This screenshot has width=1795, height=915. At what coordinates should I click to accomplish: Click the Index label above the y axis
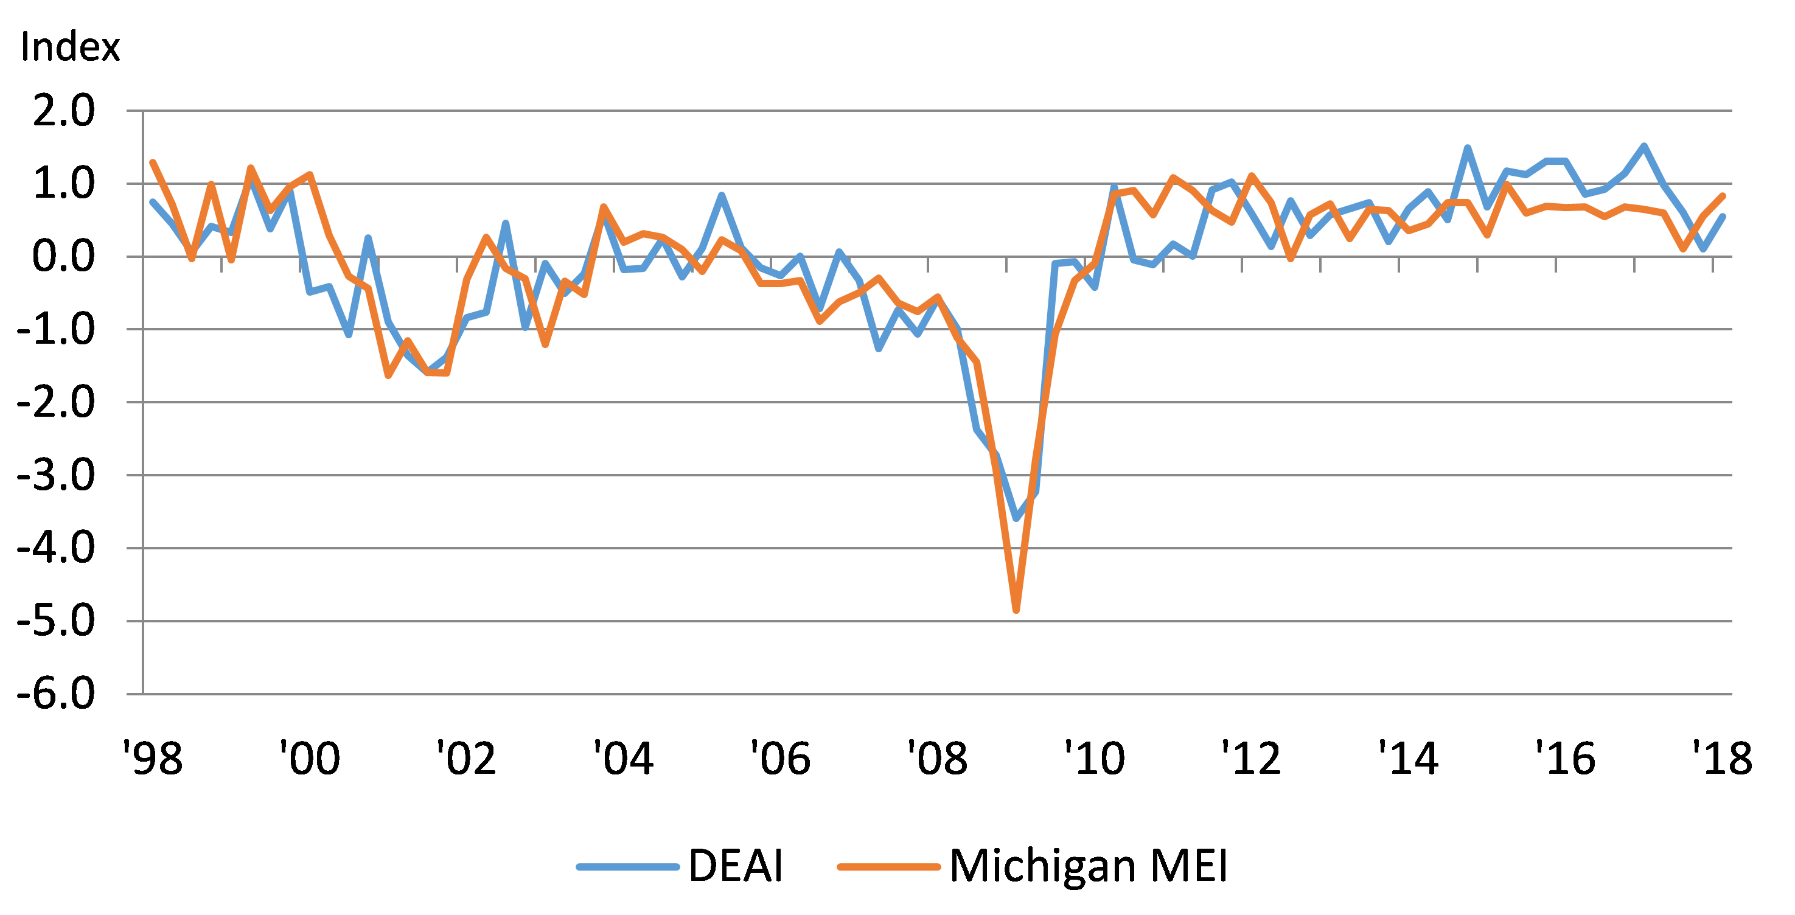pos(70,47)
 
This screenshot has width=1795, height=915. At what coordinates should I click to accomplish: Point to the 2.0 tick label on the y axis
pos(63,111)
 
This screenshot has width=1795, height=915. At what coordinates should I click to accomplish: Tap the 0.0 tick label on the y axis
pos(63,257)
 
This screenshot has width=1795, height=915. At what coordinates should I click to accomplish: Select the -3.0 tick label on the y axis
pos(56,476)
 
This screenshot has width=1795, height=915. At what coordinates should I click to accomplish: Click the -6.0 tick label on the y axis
pos(56,694)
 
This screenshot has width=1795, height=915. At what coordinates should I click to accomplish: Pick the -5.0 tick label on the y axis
pos(56,621)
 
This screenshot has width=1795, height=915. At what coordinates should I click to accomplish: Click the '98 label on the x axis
pos(153,758)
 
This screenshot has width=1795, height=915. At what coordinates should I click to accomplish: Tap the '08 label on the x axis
pos(937,758)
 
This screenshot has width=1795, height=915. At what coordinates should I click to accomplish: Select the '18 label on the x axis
pos(1722,758)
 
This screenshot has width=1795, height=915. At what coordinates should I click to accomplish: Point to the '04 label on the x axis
pos(623,758)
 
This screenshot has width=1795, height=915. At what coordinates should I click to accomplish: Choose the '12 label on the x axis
pos(1251,758)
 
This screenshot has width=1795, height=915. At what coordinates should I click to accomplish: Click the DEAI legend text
pos(736,866)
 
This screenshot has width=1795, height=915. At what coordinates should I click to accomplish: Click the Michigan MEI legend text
pos(1089,866)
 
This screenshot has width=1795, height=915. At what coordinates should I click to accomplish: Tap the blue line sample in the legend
pos(628,867)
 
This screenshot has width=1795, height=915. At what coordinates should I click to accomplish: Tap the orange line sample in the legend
pos(889,867)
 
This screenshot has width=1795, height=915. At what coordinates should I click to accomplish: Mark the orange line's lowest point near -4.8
pos(1016,610)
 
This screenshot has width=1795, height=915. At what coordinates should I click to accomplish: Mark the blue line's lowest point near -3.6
pos(1016,518)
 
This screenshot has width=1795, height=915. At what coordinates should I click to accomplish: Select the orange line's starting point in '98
pos(153,162)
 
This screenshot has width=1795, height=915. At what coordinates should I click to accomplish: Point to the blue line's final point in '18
pos(1723,216)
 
